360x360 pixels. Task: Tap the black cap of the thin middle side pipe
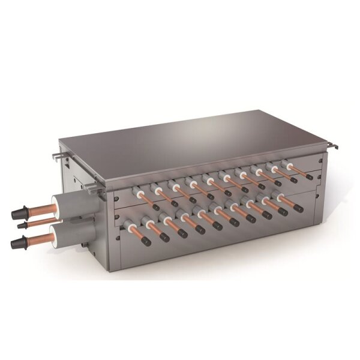point(23,225)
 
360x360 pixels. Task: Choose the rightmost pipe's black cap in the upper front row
point(309,177)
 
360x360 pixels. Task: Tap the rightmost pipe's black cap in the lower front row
point(298,210)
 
